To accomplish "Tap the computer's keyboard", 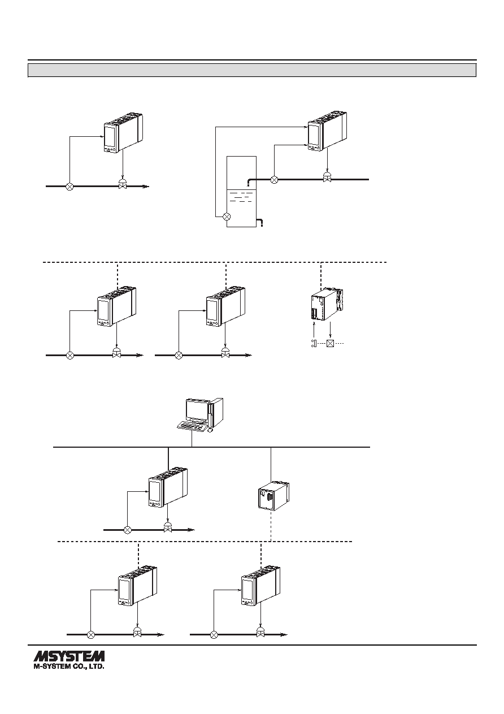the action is click(x=191, y=426).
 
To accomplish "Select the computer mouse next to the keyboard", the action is click(x=210, y=430).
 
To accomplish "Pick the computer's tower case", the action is click(x=215, y=412).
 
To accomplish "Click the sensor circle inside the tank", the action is click(x=227, y=217).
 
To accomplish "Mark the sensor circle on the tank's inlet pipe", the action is click(x=274, y=180).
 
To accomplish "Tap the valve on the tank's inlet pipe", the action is click(x=326, y=177).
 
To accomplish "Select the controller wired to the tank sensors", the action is click(x=327, y=131).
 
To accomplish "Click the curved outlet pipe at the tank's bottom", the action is click(x=259, y=222).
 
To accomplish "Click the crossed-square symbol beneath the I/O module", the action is click(x=331, y=344).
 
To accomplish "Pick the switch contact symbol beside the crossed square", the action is click(x=313, y=344).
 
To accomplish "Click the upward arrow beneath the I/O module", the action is click(x=314, y=329).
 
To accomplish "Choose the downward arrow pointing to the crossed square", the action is click(x=331, y=330).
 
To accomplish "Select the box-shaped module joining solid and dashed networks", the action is click(x=273, y=496).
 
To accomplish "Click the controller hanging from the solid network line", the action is click(x=168, y=487).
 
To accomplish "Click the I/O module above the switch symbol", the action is click(x=327, y=304).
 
